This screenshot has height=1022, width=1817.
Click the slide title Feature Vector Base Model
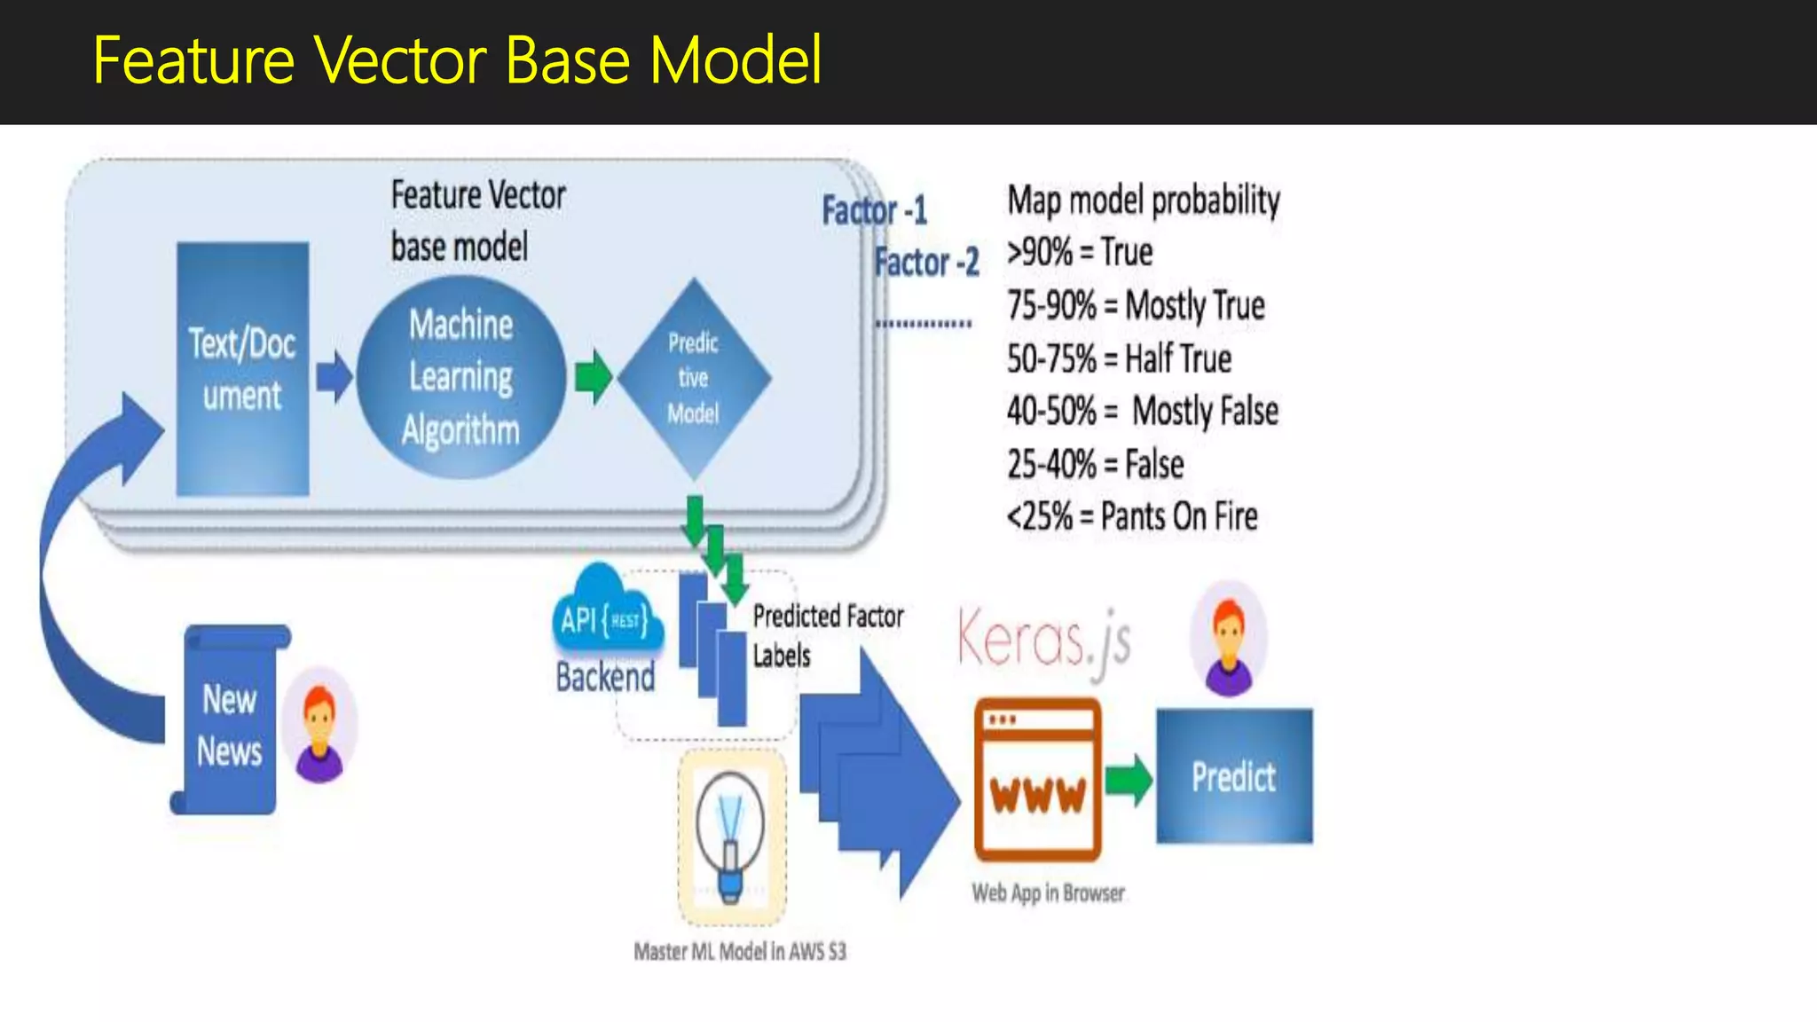click(457, 60)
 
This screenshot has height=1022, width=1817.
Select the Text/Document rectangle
click(242, 369)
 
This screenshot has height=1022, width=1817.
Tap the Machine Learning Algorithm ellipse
click(461, 378)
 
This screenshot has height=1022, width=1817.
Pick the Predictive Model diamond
click(694, 379)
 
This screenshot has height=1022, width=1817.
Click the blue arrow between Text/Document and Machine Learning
click(334, 376)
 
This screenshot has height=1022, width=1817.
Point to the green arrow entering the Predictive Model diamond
click(593, 376)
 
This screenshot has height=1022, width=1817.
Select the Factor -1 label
click(874, 211)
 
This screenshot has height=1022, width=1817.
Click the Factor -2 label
click(926, 263)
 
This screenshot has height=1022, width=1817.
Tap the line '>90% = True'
click(1080, 253)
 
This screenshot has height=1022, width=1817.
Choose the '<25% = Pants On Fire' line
click(1132, 516)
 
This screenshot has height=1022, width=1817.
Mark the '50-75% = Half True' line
click(1119, 359)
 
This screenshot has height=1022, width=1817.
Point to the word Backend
click(605, 678)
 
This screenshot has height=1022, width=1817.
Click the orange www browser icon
click(1037, 780)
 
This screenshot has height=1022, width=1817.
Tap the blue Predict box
click(1234, 776)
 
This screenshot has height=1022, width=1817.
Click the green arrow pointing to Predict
click(1129, 779)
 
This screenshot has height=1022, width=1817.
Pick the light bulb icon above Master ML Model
click(731, 837)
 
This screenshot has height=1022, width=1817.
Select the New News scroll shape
click(230, 720)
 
